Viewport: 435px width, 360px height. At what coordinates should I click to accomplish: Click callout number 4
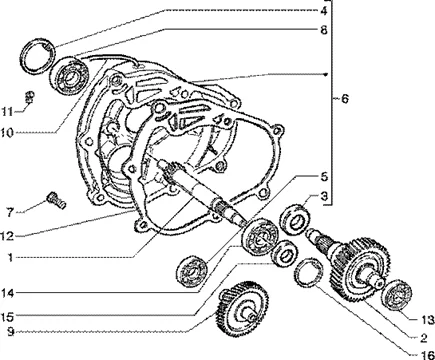[324, 11]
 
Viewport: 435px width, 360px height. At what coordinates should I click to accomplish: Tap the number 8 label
[324, 30]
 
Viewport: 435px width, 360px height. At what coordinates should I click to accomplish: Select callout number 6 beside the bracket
[345, 99]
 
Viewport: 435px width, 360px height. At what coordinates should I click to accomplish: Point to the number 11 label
[7, 112]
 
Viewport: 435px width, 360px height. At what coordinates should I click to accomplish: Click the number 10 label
[7, 133]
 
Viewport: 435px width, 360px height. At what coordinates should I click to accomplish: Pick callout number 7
[10, 212]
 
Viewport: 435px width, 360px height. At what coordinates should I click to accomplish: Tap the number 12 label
[7, 236]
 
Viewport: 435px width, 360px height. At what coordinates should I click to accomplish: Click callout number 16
[427, 355]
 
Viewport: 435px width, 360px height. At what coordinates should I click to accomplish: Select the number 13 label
[428, 320]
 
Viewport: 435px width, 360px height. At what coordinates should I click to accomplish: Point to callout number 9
[11, 332]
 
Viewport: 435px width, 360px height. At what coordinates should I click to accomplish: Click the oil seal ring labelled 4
[37, 56]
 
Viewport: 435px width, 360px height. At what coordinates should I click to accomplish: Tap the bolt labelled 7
[56, 200]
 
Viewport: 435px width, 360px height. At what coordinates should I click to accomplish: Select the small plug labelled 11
[30, 96]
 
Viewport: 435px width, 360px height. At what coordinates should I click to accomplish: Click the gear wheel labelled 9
[242, 309]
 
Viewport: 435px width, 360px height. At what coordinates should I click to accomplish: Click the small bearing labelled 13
[397, 295]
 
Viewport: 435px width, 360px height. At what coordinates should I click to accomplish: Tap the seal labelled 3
[295, 219]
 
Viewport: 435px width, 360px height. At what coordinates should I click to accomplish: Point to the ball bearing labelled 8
[70, 77]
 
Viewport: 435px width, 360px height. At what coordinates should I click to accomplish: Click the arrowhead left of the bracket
[327, 74]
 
